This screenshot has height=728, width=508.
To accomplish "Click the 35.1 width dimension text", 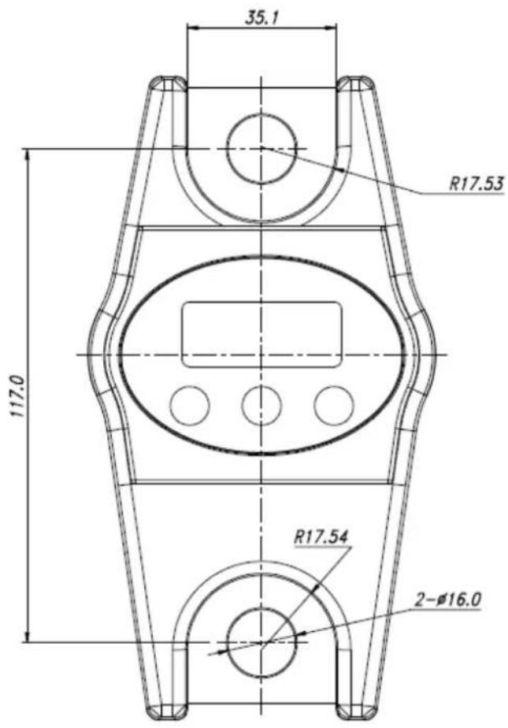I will [x=261, y=17].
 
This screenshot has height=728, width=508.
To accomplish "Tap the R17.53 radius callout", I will [x=476, y=183].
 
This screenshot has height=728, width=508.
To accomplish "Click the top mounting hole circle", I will [x=261, y=147].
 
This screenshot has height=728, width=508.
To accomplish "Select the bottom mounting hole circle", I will [x=261, y=642].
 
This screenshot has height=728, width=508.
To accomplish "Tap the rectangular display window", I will [x=261, y=334].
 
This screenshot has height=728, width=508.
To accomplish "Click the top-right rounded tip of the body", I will [x=355, y=83].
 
